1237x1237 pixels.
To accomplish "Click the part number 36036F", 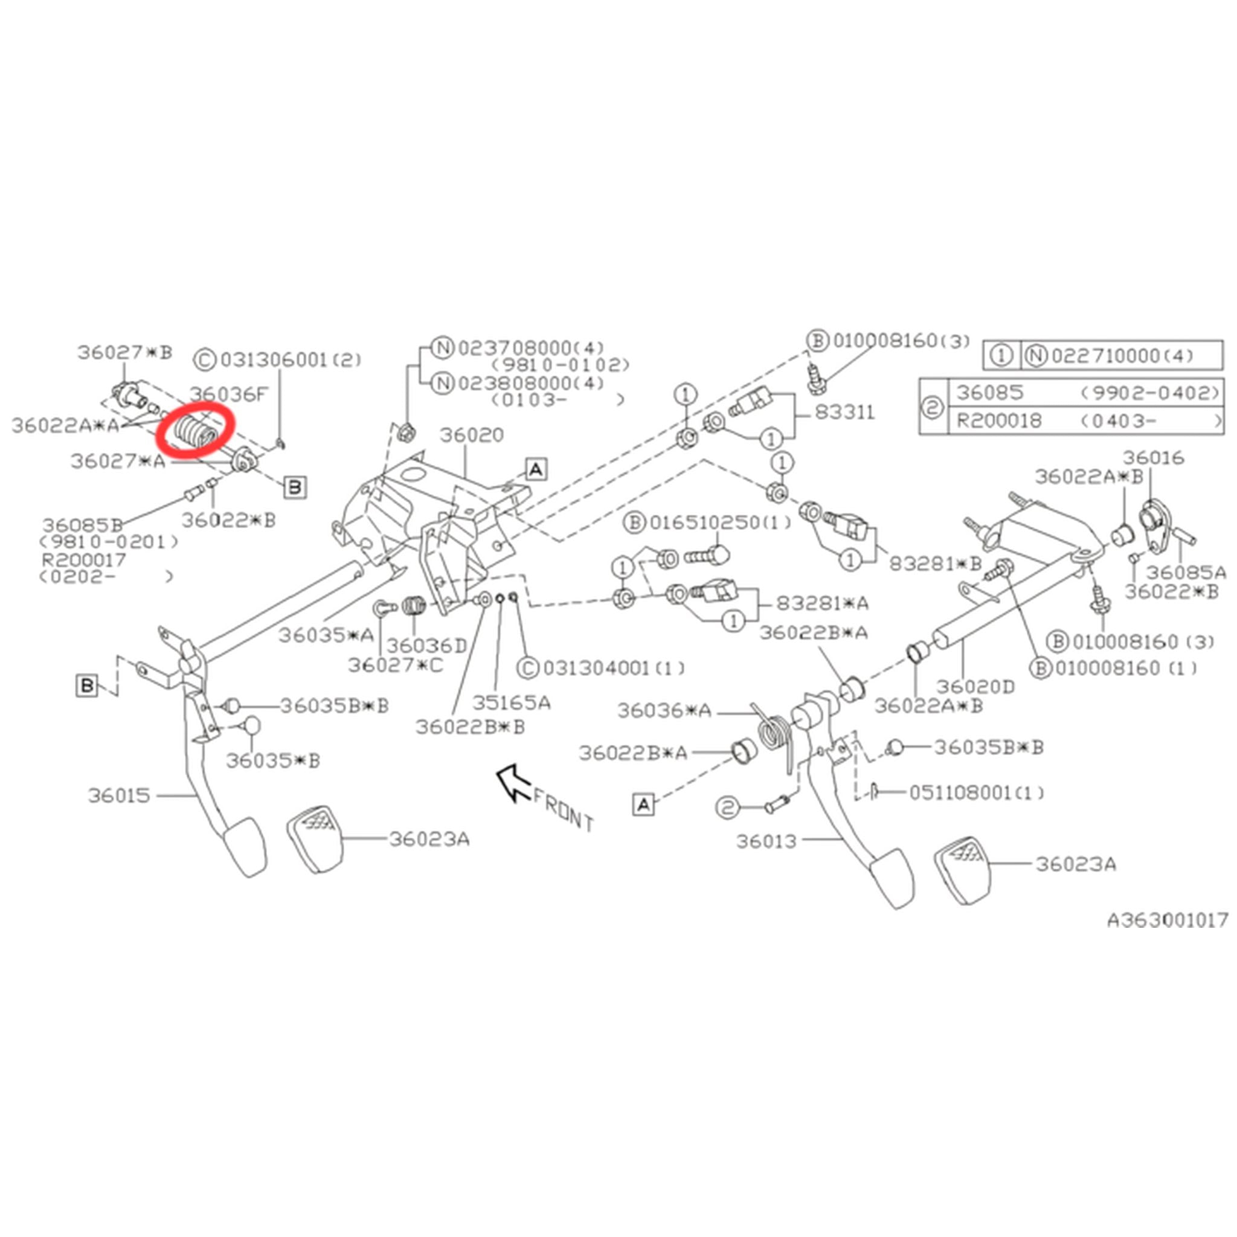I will pyautogui.click(x=228, y=394).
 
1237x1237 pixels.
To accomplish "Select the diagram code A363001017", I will pyautogui.click(x=1167, y=920).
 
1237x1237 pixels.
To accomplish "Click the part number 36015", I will pyautogui.click(x=119, y=796).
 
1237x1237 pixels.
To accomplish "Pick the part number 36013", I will pyautogui.click(x=766, y=841).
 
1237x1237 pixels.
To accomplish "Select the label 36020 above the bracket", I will pyautogui.click(x=471, y=435).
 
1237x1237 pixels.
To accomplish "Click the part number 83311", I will pyautogui.click(x=844, y=413).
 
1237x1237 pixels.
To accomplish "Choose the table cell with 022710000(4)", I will pyautogui.click(x=1122, y=355).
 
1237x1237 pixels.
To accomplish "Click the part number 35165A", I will pyautogui.click(x=511, y=703).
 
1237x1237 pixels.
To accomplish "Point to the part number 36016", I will pyautogui.click(x=1153, y=458).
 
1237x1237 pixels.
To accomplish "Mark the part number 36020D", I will pyautogui.click(x=975, y=687).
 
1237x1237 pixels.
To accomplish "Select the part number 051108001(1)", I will pyautogui.click(x=977, y=793).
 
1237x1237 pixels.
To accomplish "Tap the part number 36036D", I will pyautogui.click(x=427, y=646).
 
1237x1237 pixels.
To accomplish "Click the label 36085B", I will pyautogui.click(x=82, y=525).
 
